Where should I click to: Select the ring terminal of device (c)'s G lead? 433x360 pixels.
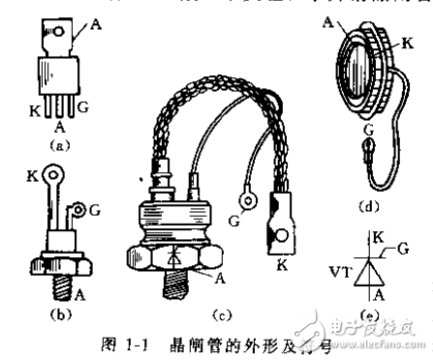coord(248,202)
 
